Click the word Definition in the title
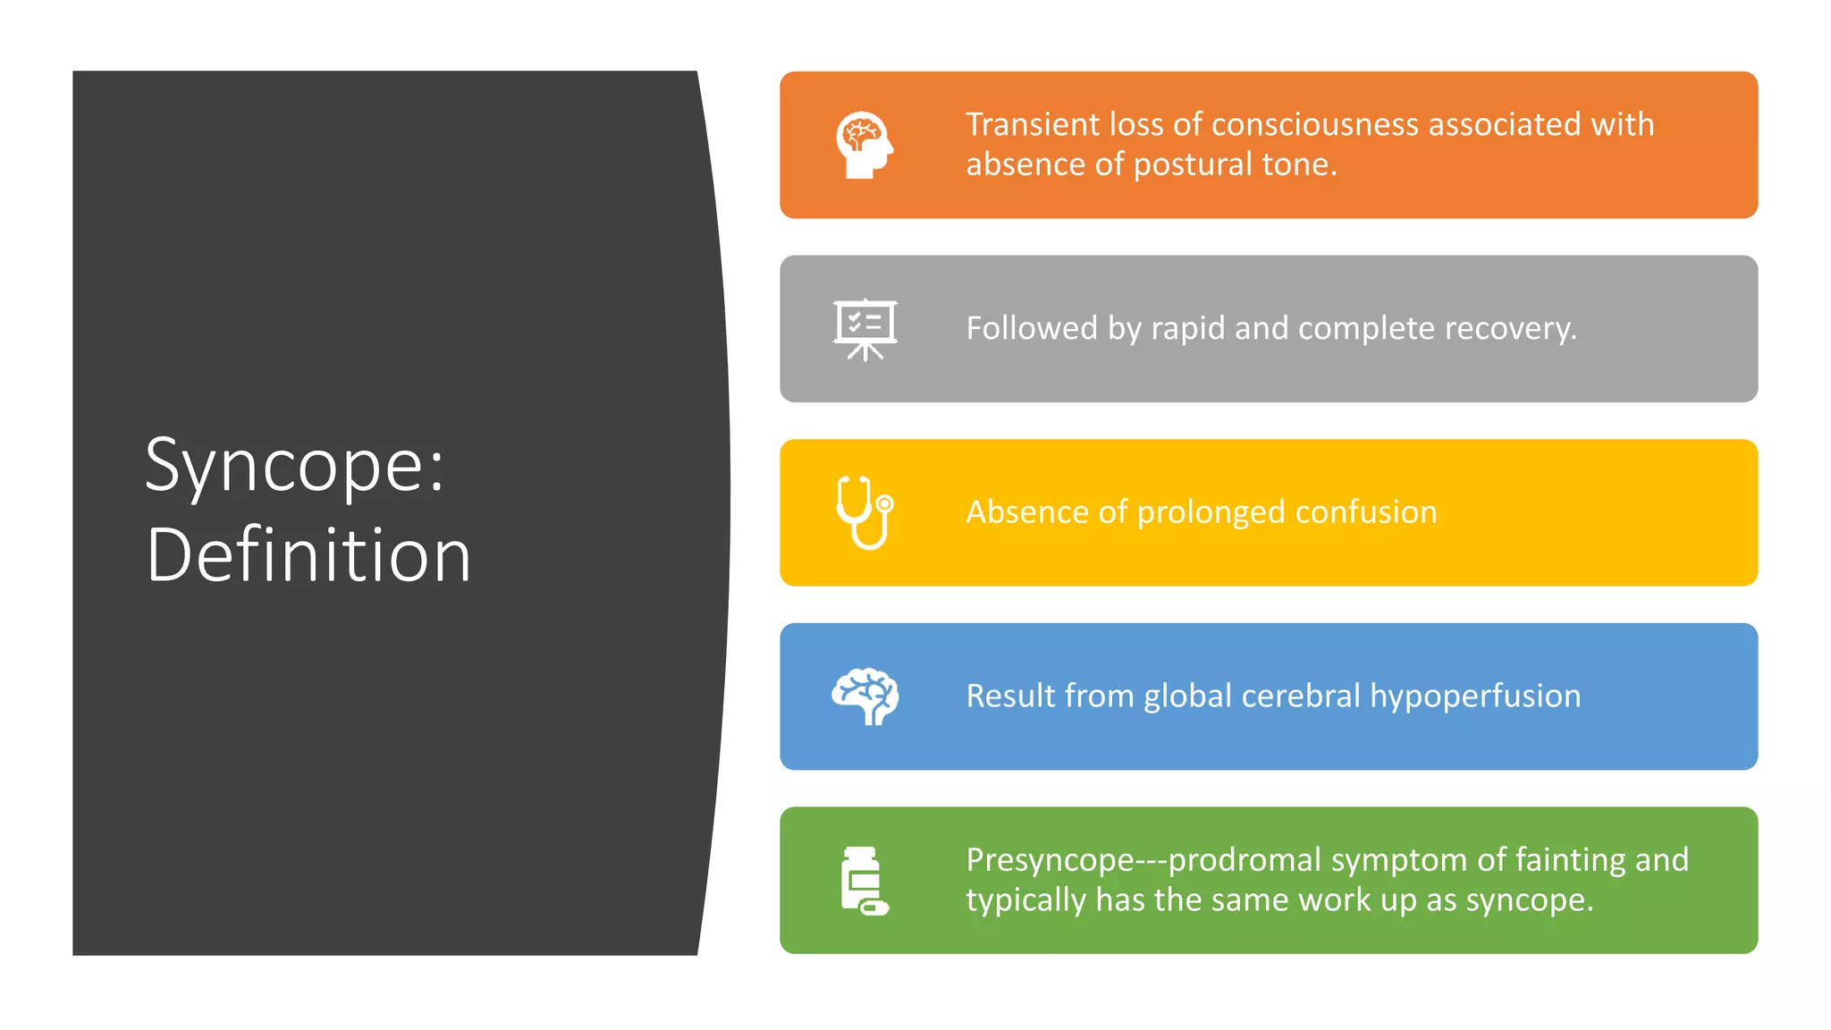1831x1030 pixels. pos(308,556)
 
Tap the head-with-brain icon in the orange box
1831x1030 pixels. pos(864,145)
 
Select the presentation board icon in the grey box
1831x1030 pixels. pos(865,329)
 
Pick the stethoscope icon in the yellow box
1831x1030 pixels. pos(865,512)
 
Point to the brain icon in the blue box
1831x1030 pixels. pos(865,696)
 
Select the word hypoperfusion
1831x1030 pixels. pos(1475,696)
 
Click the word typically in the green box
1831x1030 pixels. pos(1025,900)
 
